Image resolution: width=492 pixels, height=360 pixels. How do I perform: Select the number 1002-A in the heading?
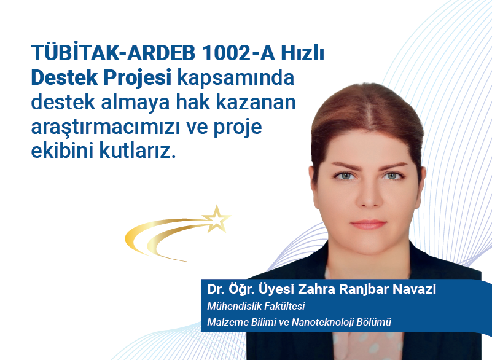(x=238, y=53)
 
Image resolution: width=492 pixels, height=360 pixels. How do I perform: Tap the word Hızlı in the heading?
(x=302, y=53)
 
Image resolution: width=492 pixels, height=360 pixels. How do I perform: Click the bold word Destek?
(x=64, y=77)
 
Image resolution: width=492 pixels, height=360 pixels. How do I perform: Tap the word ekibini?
(x=63, y=151)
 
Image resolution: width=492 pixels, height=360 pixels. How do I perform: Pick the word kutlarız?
(x=138, y=151)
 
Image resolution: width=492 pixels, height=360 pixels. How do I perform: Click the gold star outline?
(x=216, y=219)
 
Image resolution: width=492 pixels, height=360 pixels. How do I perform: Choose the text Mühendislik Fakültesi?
(x=256, y=306)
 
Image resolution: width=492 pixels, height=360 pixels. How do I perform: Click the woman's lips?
(x=369, y=224)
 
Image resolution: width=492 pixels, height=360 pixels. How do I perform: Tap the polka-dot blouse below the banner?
(x=369, y=345)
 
